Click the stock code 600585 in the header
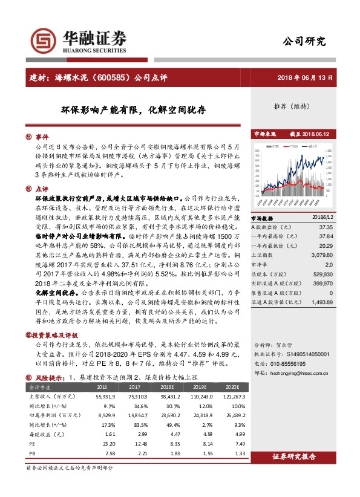click(x=108, y=78)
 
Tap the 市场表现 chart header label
click(x=264, y=134)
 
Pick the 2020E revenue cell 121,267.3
click(x=232, y=395)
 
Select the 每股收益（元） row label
click(x=43, y=434)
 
